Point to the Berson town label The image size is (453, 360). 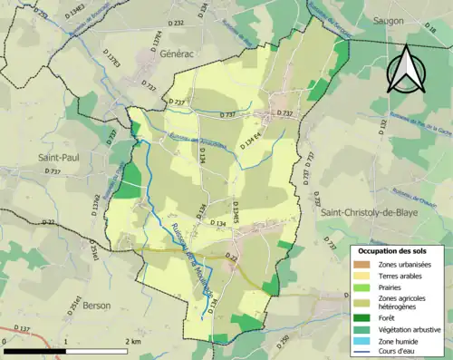pos(95,306)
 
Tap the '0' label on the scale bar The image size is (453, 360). pos(5,342)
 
